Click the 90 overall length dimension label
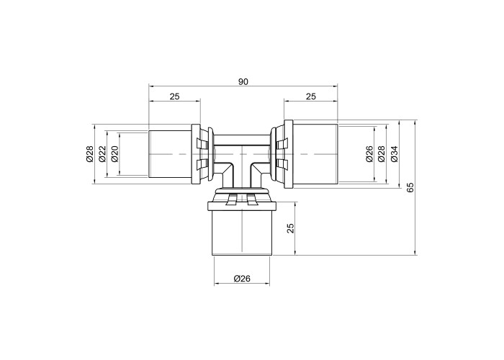tap(243, 81)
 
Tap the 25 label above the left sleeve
tap(174, 96)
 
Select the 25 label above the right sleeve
tap(311, 96)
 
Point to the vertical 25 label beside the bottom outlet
tap(291, 228)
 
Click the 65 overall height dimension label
tap(410, 187)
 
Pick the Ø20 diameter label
tap(114, 153)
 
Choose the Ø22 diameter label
tap(102, 153)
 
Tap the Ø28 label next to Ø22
tap(90, 153)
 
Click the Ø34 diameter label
tap(394, 153)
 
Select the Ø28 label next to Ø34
tap(382, 153)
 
